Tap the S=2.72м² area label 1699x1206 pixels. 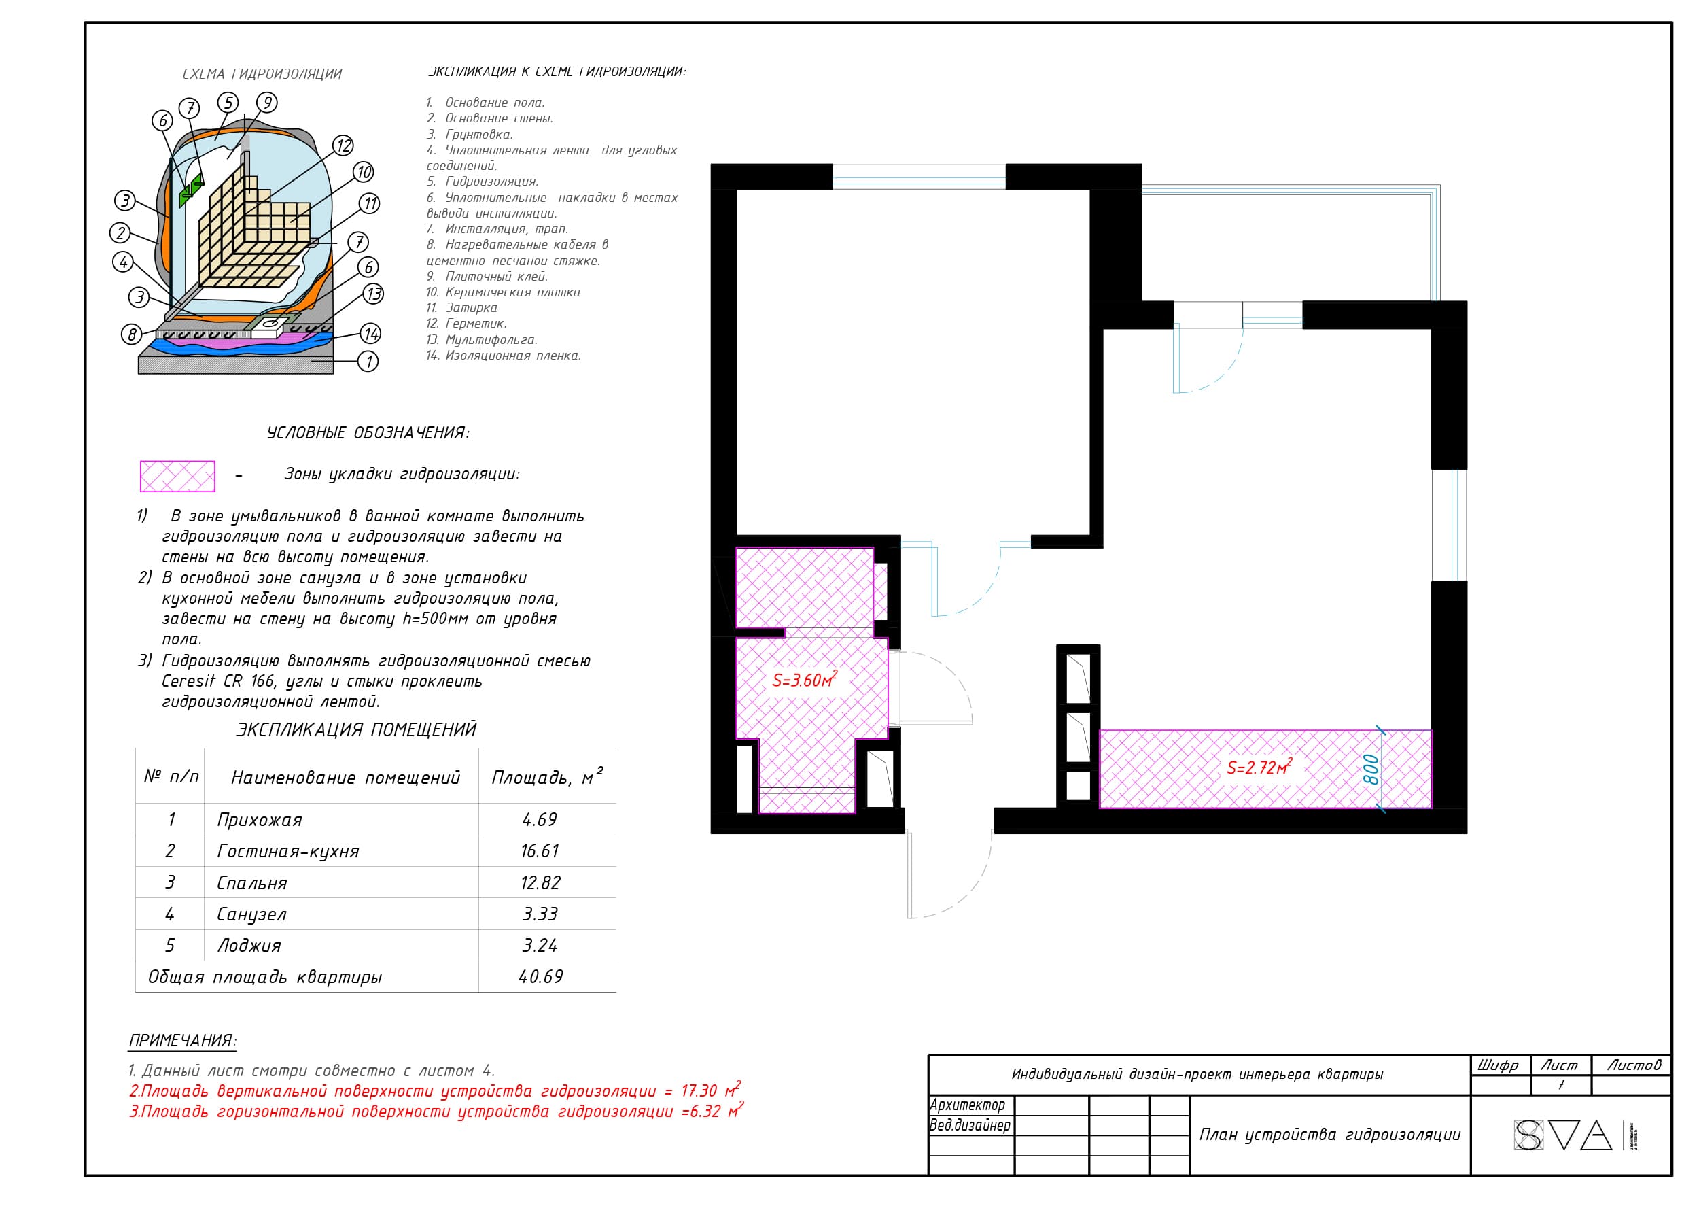1259,766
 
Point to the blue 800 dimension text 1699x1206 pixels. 1371,769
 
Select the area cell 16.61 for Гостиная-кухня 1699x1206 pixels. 540,851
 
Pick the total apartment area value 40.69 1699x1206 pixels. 540,976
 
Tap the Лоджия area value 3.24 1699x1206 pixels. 540,946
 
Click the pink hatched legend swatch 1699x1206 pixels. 177,476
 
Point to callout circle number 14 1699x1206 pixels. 371,333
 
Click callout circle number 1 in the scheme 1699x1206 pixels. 368,362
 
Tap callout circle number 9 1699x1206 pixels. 266,103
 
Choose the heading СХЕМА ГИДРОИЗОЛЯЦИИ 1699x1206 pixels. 262,73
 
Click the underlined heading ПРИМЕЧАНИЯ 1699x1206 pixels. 183,1040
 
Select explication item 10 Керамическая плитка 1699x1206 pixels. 503,292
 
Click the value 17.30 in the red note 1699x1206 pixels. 699,1091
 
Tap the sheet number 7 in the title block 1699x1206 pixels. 1561,1085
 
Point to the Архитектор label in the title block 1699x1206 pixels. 967,1105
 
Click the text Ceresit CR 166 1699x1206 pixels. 209,681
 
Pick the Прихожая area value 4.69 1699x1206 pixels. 540,820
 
